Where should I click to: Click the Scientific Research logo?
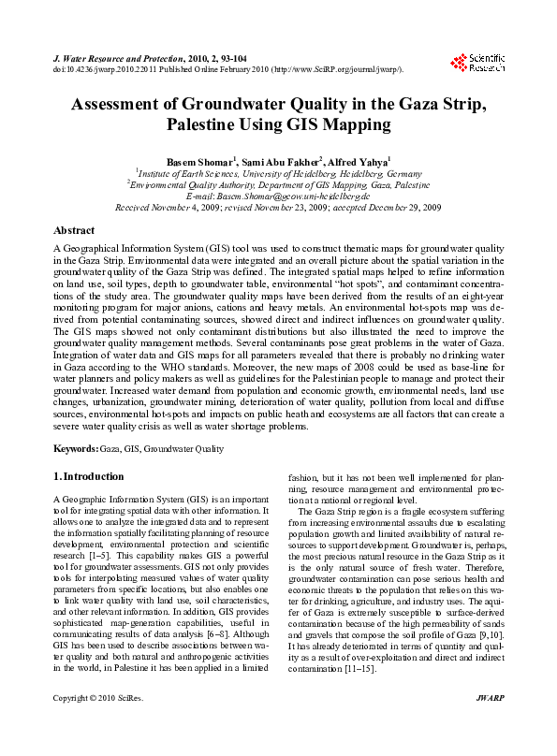477,63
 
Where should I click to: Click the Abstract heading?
74,229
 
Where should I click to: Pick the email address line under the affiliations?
279,196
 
